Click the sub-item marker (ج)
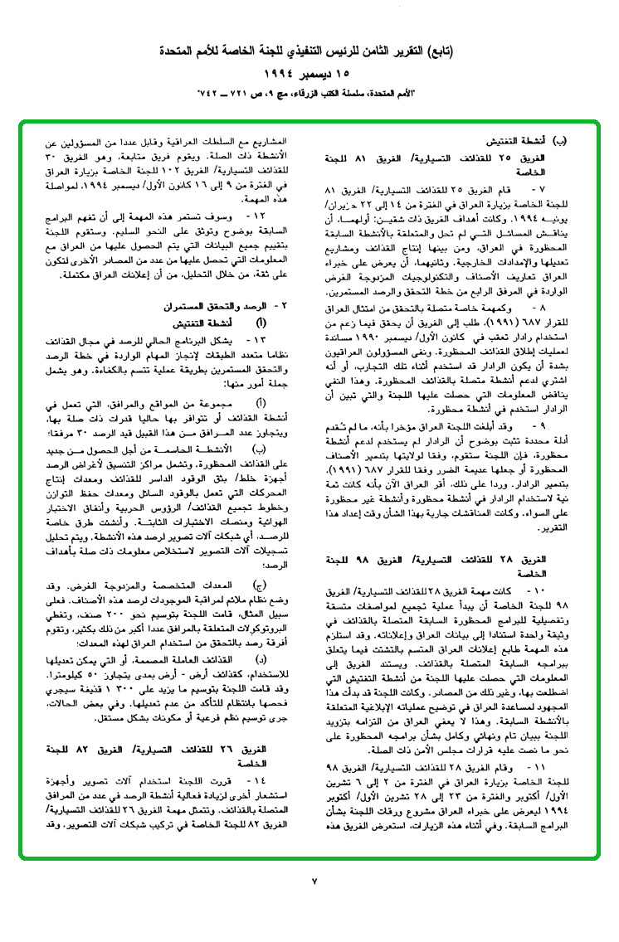pos(262,583)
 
